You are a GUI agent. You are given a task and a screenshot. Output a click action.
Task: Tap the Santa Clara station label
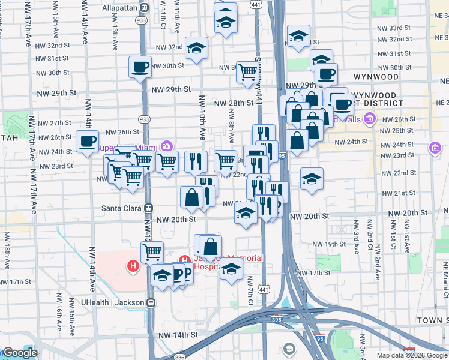[122, 208]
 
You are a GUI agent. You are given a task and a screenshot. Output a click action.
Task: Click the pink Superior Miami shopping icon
[167, 146]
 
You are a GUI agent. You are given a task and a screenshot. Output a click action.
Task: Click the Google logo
[20, 353]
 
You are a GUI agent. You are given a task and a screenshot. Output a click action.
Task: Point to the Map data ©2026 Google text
[412, 355]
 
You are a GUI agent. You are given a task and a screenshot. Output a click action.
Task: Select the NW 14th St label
[178, 334]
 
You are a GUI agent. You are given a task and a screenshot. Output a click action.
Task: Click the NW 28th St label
[234, 103]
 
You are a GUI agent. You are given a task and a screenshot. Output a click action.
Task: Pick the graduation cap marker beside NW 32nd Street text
[196, 49]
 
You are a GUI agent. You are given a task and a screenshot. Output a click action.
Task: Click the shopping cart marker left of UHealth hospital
[152, 251]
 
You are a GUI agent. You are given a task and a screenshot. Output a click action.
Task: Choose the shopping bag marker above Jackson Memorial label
[211, 246]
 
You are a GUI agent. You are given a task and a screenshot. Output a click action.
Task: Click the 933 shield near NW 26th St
[144, 119]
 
